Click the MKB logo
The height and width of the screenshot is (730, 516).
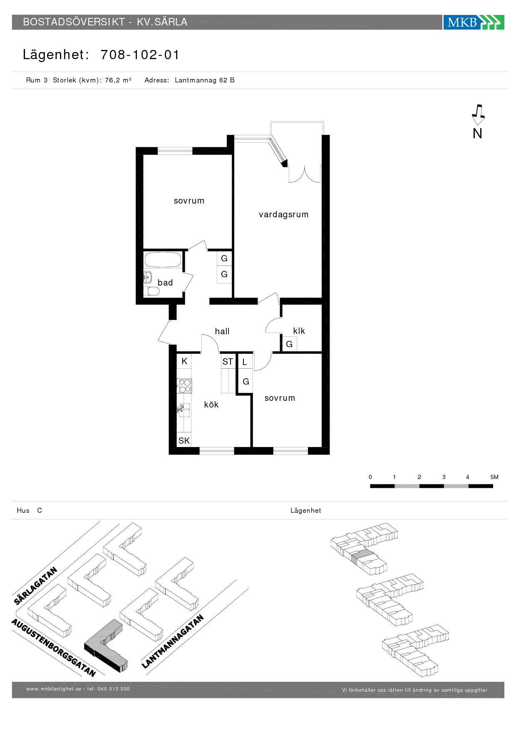474,22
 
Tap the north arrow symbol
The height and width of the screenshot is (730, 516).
478,114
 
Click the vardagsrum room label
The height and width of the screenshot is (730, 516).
284,215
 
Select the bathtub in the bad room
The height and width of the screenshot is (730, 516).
163,260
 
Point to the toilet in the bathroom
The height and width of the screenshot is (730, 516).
151,291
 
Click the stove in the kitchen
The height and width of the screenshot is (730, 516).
184,386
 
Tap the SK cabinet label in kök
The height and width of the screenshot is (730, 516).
184,441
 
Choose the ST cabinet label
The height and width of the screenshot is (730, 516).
228,362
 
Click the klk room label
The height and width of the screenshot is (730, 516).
299,331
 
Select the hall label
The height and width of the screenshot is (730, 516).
222,331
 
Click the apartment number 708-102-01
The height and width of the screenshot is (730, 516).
140,55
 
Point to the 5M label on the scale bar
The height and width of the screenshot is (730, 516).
494,477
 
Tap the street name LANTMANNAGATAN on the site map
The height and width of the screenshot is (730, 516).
173,641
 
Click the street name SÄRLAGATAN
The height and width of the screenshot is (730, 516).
35,586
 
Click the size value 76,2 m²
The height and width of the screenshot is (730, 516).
118,80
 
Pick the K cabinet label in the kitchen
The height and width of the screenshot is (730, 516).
184,361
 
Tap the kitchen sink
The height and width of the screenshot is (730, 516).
184,410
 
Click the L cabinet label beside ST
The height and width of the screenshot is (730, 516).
245,362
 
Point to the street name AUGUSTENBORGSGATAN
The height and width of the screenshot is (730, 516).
54,648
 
